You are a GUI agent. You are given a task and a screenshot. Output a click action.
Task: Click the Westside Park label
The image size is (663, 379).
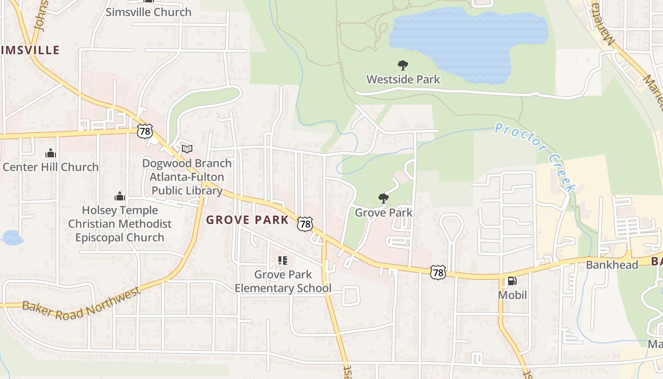click(403, 79)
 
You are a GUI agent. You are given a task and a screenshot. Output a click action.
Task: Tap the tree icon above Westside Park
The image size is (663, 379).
click(403, 65)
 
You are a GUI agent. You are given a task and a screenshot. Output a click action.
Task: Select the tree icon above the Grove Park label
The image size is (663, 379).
click(384, 199)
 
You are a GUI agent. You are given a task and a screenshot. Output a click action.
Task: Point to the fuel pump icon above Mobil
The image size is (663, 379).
click(512, 281)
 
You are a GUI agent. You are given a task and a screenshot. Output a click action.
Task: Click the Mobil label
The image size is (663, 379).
click(512, 295)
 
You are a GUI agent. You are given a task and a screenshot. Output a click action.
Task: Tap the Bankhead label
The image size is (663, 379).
click(612, 264)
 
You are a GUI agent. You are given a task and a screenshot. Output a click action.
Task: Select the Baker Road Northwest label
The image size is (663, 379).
click(81, 304)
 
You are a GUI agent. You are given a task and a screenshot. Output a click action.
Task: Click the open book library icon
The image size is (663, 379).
click(187, 149)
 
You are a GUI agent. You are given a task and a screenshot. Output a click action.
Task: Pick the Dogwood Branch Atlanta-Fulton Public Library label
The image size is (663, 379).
click(187, 177)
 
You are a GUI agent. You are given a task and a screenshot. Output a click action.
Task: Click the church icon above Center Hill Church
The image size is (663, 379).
click(51, 153)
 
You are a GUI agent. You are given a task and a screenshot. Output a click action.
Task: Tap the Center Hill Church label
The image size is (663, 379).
click(51, 167)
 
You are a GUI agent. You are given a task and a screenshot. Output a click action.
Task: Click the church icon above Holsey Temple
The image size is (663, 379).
click(120, 196)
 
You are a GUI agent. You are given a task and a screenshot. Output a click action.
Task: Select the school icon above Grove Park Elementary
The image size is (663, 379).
click(283, 260)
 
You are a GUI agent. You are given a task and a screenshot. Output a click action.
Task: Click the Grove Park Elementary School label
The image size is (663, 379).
click(283, 281)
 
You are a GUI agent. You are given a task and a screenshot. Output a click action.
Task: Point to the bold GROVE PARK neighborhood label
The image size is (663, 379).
click(247, 220)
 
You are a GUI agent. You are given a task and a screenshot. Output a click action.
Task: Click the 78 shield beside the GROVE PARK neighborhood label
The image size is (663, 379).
click(305, 224)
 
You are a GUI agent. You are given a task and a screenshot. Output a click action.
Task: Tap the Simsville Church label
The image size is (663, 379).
click(148, 12)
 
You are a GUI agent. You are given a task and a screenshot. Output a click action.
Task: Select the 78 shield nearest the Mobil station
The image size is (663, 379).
click(438, 272)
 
